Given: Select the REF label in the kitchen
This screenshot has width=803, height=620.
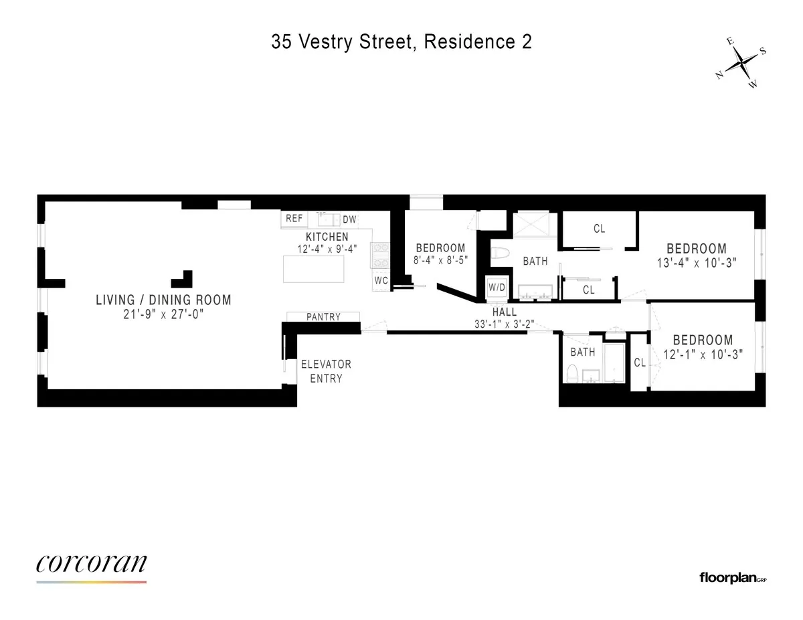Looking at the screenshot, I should [294, 219].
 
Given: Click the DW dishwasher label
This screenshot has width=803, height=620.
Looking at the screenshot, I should [349, 219].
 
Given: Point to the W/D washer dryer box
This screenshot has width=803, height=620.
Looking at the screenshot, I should [497, 288].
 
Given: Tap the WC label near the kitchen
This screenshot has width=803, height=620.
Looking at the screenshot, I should [381, 281].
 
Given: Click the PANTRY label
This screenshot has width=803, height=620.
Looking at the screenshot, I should [324, 317].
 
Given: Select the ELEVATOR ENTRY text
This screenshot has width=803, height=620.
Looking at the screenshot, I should [326, 371].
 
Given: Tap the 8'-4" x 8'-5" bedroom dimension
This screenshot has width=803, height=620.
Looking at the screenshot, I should [440, 260].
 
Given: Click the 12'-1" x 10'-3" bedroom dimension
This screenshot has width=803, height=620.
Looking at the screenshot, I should [703, 353].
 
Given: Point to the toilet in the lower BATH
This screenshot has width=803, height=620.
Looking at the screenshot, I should [573, 375].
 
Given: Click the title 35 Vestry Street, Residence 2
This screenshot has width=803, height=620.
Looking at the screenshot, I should [401, 41].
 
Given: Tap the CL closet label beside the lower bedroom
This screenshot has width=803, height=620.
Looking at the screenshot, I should [640, 362].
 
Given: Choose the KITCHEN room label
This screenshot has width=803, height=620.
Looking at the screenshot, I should [327, 237].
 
